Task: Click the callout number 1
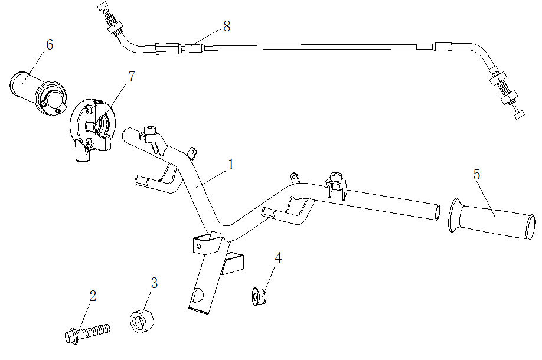pos(231,165)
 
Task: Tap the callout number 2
pos(93,296)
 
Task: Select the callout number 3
pos(154,283)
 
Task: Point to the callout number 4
pos(278,258)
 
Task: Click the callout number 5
pos(477,174)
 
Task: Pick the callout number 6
pos(50,45)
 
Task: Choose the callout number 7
pos(131,76)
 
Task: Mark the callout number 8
pos(227,26)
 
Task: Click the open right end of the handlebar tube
pos(437,211)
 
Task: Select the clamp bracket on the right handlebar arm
pos(335,184)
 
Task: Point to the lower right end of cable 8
pos(518,115)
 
